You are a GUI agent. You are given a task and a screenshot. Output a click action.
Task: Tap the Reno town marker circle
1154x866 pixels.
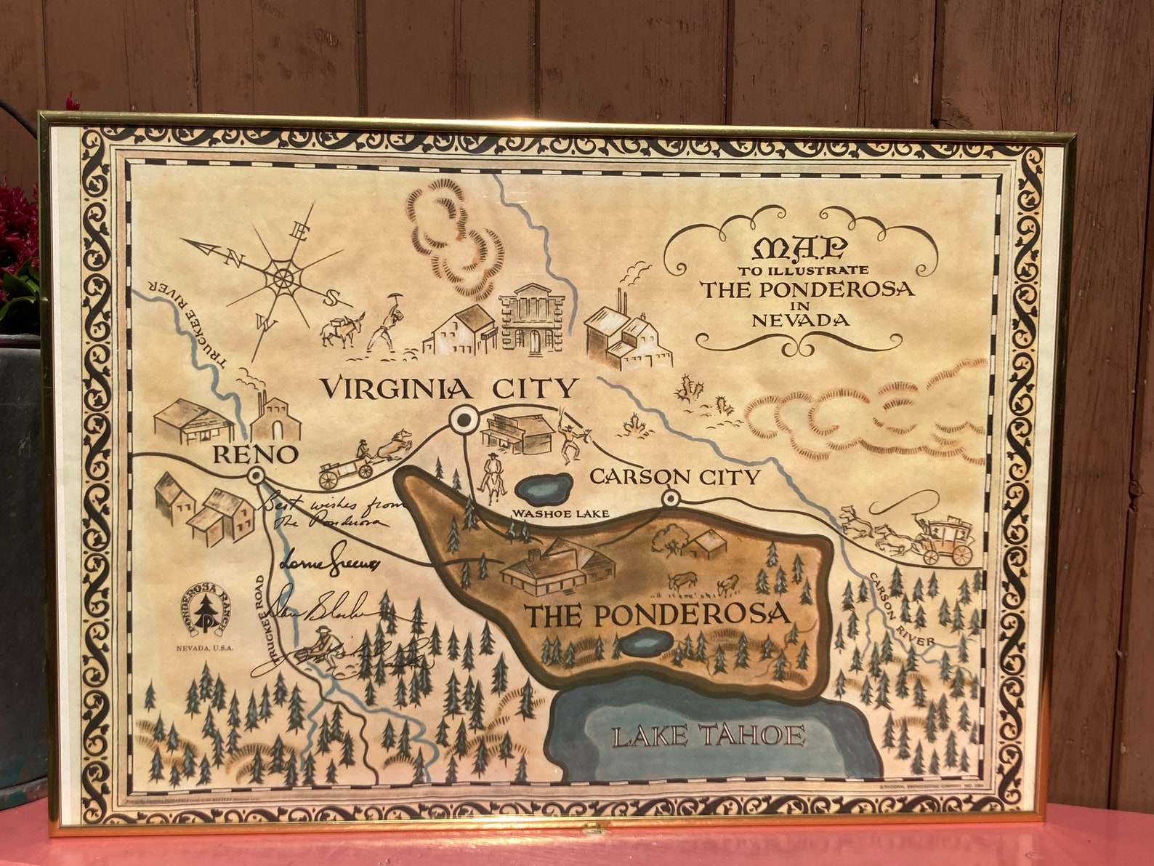(x=255, y=476)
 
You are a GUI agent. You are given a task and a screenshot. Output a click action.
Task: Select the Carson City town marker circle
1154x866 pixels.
(x=670, y=499)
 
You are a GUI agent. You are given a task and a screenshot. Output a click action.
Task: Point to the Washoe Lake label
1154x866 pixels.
(x=560, y=513)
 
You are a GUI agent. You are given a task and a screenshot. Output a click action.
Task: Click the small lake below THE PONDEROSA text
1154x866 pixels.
(x=647, y=643)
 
